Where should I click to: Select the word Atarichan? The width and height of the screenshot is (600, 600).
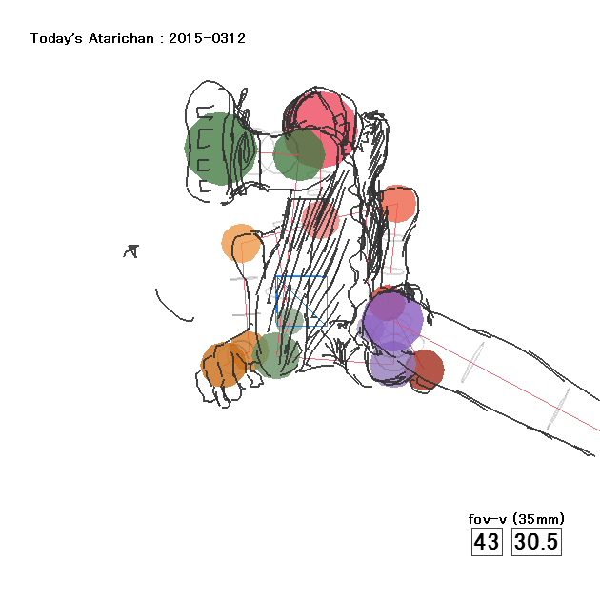121,39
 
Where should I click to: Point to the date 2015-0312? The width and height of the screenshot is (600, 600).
207,38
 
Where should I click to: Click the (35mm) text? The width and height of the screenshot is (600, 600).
538,519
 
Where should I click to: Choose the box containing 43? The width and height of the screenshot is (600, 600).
487,542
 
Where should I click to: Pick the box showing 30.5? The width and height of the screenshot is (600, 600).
536,542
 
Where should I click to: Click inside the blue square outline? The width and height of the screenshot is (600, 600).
302,301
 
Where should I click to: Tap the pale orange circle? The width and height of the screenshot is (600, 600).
241,244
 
